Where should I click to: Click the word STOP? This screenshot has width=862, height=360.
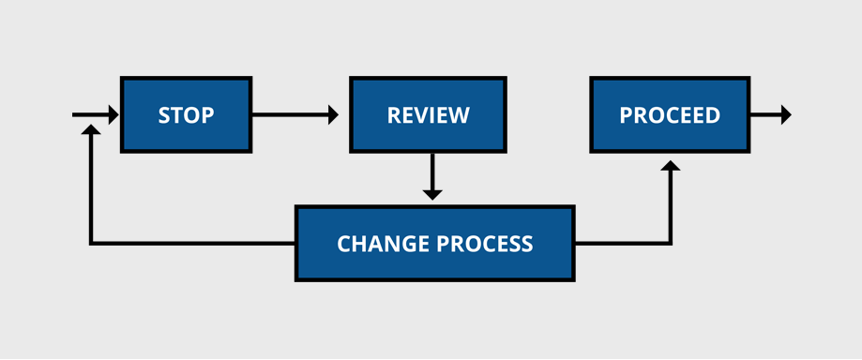[186, 115]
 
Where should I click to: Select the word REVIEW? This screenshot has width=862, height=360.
[429, 115]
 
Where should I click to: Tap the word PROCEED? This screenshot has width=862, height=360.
[670, 115]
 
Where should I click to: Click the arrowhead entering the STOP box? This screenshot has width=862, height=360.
[113, 115]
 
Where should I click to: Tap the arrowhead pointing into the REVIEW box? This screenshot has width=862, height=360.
[333, 115]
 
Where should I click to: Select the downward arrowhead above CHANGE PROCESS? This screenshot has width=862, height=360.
[431, 194]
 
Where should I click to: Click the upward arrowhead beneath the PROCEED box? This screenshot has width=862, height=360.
[670, 166]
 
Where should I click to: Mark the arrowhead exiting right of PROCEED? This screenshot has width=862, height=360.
[785, 115]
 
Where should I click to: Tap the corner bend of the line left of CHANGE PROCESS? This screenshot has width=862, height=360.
[90, 244]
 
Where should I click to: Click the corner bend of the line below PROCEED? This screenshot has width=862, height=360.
[670, 244]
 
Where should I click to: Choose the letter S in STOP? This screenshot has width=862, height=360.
[164, 115]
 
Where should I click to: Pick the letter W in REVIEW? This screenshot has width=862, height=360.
[460, 115]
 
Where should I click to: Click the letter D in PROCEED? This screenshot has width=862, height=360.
[712, 115]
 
